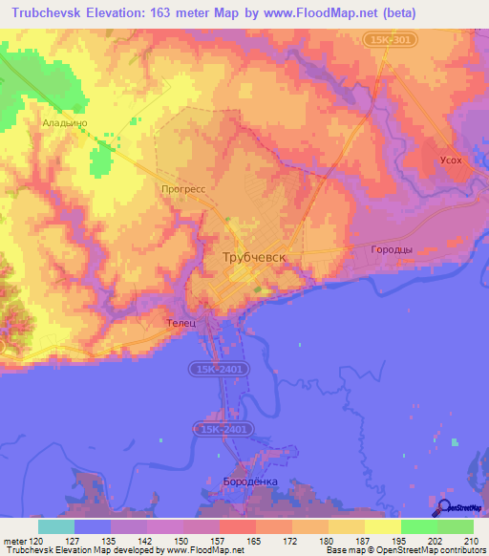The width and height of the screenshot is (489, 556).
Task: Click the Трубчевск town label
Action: (254, 258)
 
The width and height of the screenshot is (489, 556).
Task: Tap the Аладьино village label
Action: (64, 122)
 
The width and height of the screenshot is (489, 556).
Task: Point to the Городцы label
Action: (391, 249)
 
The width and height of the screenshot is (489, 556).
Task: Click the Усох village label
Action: (450, 160)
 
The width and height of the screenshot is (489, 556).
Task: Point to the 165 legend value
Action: (254, 541)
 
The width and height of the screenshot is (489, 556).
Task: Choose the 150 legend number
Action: (181, 541)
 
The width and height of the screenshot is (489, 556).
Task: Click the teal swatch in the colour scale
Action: (55, 526)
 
